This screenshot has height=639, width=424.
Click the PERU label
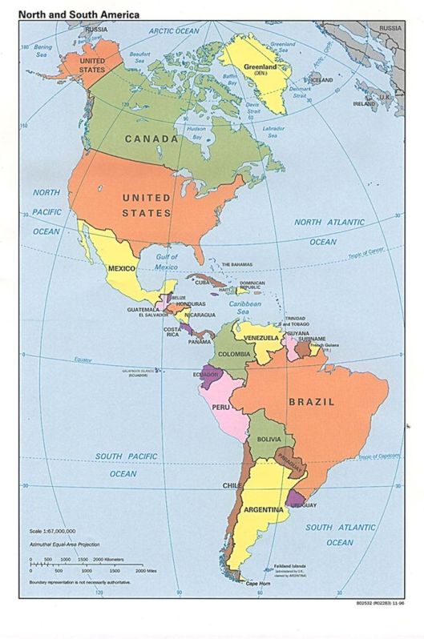[x=220, y=408]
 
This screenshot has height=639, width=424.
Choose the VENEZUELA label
[x=260, y=337]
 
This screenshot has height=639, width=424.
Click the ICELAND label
[x=321, y=81]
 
